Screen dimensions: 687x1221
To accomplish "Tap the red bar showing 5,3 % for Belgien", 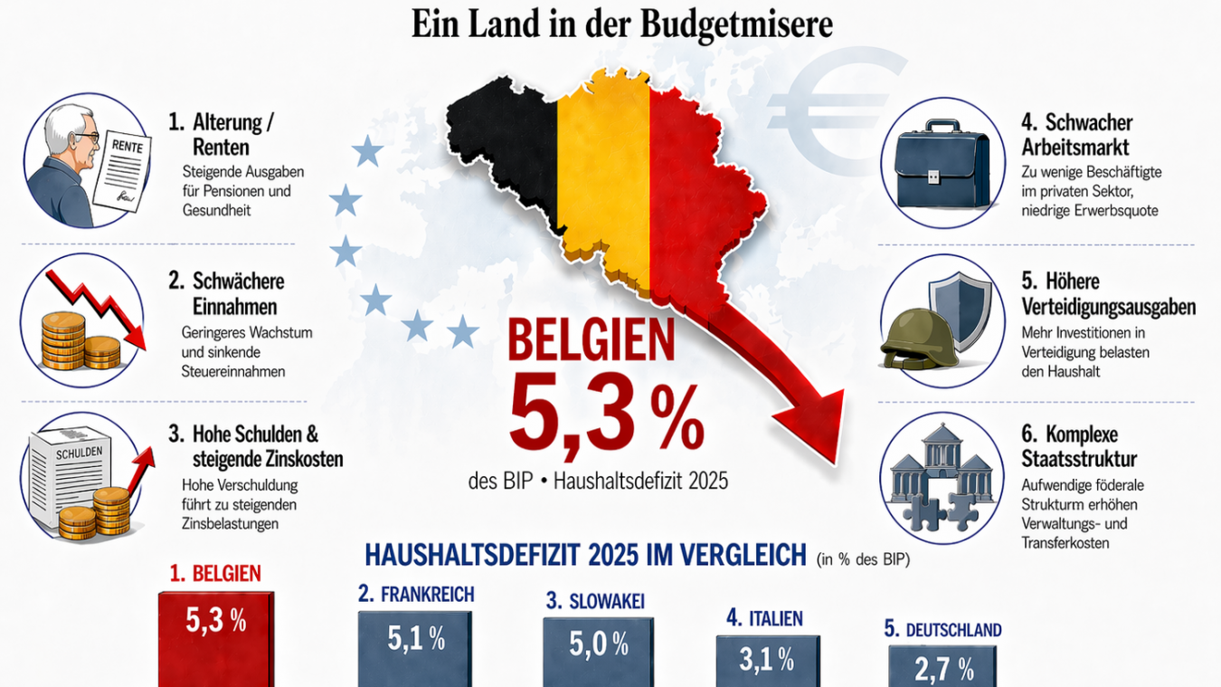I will pos(215,639).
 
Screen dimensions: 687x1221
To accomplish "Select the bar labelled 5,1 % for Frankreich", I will pos(415,648).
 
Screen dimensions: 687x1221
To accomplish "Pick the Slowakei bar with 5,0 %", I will pos(598,652).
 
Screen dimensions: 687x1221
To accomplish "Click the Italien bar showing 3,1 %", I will pos(767,661).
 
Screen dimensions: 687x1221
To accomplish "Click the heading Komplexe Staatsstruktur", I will pos(1080,444).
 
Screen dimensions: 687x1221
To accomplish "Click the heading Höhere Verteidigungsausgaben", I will pos(1108,294).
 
